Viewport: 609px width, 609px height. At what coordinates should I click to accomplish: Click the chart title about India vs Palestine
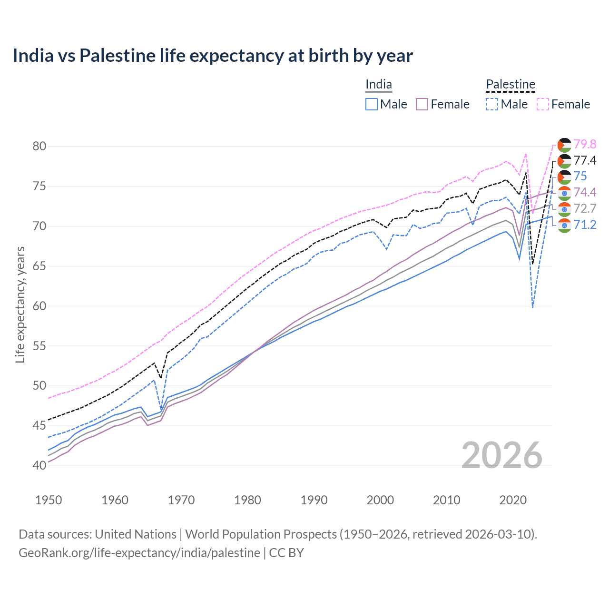point(213,56)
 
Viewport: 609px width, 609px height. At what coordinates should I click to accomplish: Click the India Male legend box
point(372,104)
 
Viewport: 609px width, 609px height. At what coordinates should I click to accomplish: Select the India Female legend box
point(422,104)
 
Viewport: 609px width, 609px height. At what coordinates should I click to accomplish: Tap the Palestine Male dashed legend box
point(492,104)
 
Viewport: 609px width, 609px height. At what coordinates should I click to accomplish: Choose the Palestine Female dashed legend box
point(543,104)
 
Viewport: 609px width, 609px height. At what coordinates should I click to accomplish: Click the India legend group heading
point(379,85)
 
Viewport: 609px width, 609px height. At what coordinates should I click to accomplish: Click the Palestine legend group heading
point(511,85)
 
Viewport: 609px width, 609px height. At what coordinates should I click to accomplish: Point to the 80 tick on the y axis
point(39,146)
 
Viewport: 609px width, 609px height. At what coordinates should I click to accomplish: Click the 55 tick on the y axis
point(39,346)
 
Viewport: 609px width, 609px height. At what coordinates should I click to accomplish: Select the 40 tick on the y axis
point(39,465)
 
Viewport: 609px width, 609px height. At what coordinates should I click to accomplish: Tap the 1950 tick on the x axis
point(49,500)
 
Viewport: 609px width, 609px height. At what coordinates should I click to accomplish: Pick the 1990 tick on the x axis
point(314,500)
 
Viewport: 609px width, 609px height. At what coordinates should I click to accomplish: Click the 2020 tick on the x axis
point(513,500)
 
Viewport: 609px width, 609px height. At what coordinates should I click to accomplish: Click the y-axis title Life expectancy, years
point(20,304)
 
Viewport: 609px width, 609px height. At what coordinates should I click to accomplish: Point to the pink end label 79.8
point(585,144)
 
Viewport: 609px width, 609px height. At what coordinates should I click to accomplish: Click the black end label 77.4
point(585,160)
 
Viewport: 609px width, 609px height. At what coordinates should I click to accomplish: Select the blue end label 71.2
point(585,225)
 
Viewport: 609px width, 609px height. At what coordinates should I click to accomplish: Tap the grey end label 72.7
point(585,208)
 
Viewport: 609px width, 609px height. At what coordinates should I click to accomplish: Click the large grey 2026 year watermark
point(502,455)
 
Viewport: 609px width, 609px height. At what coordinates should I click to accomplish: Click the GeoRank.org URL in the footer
point(139,553)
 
